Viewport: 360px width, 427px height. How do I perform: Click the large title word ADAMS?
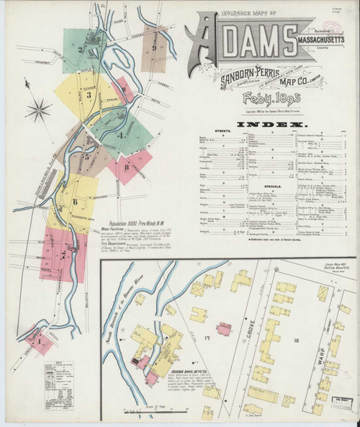click(x=238, y=42)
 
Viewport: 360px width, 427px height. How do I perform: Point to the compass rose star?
click(x=38, y=111)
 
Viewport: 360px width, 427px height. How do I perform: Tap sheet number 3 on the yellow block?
click(x=89, y=94)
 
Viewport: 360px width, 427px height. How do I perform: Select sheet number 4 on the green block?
click(x=120, y=135)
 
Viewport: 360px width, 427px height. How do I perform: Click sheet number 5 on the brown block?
click(x=86, y=155)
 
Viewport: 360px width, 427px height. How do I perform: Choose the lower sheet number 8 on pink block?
click(x=127, y=167)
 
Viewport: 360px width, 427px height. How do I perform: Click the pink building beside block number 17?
click(x=224, y=329)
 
